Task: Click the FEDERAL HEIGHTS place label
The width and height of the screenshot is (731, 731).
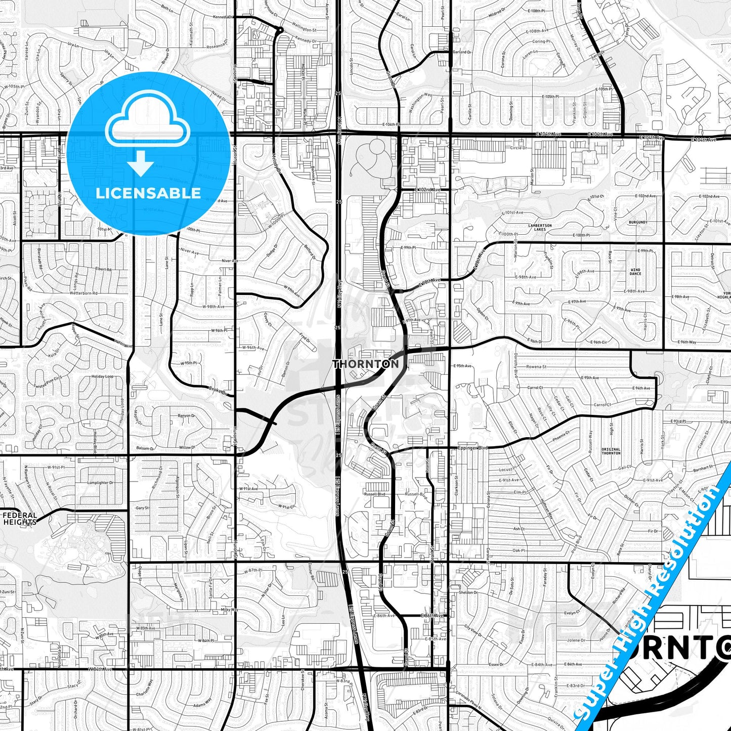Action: [20, 519]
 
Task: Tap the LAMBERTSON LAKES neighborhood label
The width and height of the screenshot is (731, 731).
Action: [540, 227]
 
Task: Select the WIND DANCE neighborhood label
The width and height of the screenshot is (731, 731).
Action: [635, 272]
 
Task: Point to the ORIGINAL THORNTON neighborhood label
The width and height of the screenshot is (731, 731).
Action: [611, 451]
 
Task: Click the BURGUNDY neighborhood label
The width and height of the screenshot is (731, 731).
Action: [638, 222]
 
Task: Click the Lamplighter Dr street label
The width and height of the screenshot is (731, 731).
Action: [100, 483]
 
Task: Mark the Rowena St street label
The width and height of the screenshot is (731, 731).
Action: [536, 366]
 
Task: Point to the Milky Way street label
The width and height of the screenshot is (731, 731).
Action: [229, 610]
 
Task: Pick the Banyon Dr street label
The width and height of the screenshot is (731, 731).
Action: [186, 416]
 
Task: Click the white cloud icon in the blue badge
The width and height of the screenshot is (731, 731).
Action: [148, 124]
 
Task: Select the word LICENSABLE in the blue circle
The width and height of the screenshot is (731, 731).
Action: [148, 193]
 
